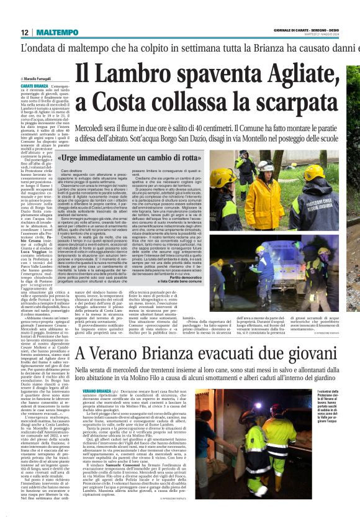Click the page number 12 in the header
24,32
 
